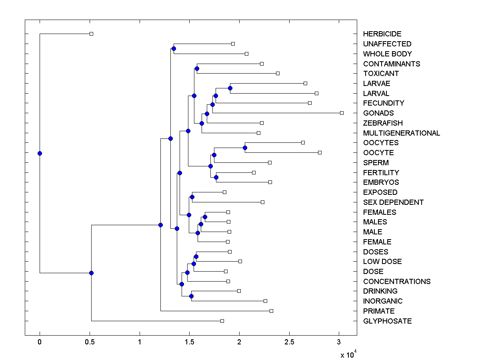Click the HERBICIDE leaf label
(382, 34)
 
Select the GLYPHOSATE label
(387, 321)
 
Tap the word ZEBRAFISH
(383, 123)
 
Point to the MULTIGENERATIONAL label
(402, 133)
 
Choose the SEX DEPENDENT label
(393, 202)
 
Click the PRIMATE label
(379, 311)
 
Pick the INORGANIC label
(383, 301)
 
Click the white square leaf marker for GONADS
(342, 113)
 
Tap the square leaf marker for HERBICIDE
(91, 34)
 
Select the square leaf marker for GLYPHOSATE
(222, 321)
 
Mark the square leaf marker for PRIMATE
(271, 311)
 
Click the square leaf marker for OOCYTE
(320, 152)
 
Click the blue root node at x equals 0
(40, 153)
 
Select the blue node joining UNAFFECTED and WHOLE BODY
(174, 49)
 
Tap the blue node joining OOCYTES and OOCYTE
(245, 148)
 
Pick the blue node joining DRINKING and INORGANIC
(191, 296)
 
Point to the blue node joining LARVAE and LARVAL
(230, 88)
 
